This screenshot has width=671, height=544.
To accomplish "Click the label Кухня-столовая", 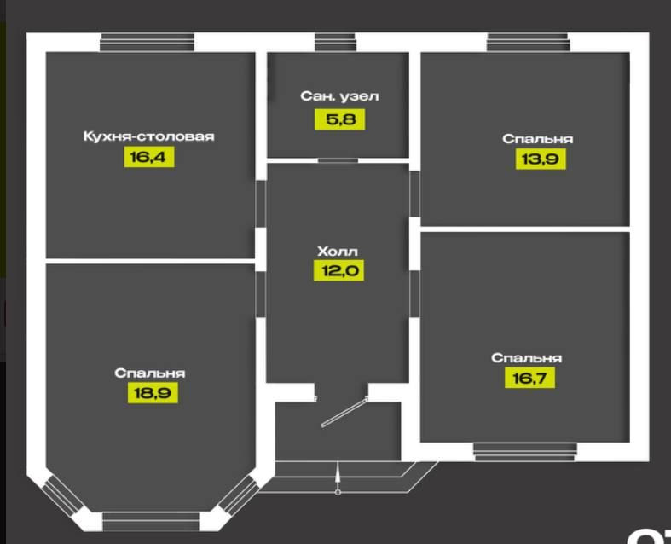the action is point(148,136).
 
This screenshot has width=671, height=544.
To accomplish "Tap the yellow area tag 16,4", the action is point(149,157).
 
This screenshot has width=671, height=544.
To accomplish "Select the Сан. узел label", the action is point(339,96).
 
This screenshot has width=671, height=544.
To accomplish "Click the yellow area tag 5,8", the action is point(339,119).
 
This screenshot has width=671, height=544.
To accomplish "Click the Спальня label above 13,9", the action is point(537,138).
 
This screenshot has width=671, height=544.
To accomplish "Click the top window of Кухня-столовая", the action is point(147,42).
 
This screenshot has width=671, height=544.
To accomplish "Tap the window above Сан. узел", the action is point(335,42).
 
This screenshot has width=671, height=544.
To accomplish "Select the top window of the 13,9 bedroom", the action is point(527,42).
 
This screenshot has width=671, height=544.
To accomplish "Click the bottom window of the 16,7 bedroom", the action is point(524,451).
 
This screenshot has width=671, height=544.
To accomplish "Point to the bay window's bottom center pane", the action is point(150,519).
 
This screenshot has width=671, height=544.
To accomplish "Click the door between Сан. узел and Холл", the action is point(338,159).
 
